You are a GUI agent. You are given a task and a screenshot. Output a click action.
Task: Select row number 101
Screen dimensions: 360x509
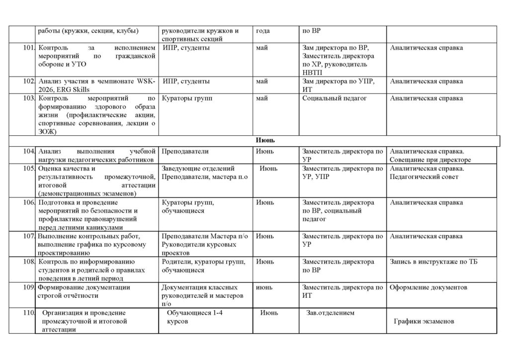coord(29,48)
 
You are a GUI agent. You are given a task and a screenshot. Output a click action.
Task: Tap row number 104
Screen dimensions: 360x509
coord(29,151)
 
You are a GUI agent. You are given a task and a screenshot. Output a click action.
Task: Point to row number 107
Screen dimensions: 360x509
coord(29,236)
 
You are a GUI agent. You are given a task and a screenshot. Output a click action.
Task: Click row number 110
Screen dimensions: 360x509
coord(29,313)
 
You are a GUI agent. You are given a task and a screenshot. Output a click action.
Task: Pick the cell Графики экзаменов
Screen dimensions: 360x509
coord(424,321)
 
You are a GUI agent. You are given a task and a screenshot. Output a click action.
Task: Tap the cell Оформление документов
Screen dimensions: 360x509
coord(428,287)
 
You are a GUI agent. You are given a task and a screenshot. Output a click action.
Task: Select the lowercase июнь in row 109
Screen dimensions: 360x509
coord(264,287)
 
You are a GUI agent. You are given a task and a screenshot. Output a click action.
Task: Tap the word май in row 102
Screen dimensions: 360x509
coord(261,81)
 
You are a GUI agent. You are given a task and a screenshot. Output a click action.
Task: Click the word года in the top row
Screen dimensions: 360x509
coord(263,31)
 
